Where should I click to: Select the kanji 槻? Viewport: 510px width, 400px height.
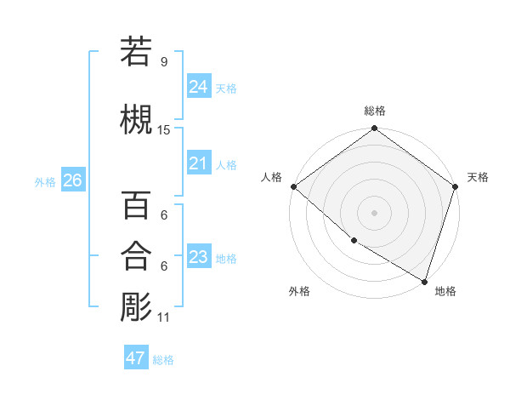coord(136,120)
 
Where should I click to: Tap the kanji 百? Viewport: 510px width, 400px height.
coord(136,205)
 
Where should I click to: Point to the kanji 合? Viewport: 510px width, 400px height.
coord(136,256)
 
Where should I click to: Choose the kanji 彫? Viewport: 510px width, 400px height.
coord(136,307)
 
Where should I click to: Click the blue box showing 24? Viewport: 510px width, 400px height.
coord(198,87)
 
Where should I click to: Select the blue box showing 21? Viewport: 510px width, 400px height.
coord(198,163)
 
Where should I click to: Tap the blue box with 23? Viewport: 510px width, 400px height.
coord(198,257)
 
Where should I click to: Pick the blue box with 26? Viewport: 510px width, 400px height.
coord(72,180)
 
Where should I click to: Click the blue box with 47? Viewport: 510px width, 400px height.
coord(135,358)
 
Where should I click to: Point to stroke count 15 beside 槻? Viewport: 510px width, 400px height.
coord(164,130)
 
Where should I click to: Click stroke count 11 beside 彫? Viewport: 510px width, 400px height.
coord(164,317)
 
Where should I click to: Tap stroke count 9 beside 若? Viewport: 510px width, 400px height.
coord(164,62)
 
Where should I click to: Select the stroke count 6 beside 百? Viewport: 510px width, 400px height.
coord(164,215)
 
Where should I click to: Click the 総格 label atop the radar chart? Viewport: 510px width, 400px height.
coord(375,111)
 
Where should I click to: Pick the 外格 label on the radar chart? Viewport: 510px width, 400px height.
coord(299,291)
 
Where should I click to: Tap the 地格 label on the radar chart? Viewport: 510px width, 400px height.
coord(445,291)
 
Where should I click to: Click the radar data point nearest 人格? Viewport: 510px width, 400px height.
coord(293,186)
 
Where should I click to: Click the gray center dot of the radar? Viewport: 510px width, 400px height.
coord(374,212)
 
